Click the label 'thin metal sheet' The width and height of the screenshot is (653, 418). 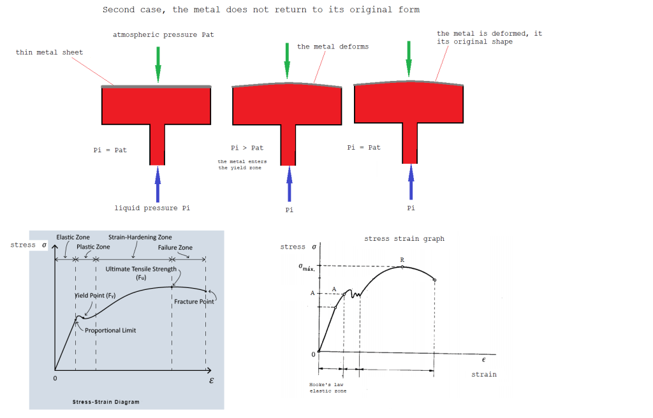pyautogui.click(x=49, y=52)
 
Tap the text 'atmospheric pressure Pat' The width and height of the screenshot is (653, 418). pyautogui.click(x=163, y=34)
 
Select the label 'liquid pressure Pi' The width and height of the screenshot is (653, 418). pyautogui.click(x=152, y=208)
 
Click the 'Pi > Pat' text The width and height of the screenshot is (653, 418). pyautogui.click(x=247, y=148)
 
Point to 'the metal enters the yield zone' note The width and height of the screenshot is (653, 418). pyautogui.click(x=242, y=164)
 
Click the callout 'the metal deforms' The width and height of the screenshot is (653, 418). pyautogui.click(x=333, y=47)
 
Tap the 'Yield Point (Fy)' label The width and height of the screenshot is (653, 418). pyautogui.click(x=95, y=296)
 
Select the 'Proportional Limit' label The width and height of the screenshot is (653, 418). pyautogui.click(x=110, y=330)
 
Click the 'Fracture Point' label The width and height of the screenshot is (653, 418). pyautogui.click(x=194, y=301)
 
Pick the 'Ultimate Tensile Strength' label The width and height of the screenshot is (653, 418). pyautogui.click(x=141, y=269)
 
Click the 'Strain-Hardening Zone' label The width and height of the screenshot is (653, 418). pyautogui.click(x=140, y=237)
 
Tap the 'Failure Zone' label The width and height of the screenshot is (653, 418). pyautogui.click(x=175, y=247)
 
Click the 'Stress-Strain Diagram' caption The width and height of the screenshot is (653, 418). pyautogui.click(x=106, y=402)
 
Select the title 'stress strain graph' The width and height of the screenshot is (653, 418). pyautogui.click(x=404, y=238)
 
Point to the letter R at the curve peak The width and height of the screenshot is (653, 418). pyautogui.click(x=402, y=260)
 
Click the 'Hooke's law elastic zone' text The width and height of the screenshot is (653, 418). pyautogui.click(x=328, y=387)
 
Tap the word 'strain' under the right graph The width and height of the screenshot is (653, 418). pyautogui.click(x=484, y=374)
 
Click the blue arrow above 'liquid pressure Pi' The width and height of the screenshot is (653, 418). pyautogui.click(x=158, y=184)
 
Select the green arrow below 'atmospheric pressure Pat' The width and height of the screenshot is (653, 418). pyautogui.click(x=158, y=64)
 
